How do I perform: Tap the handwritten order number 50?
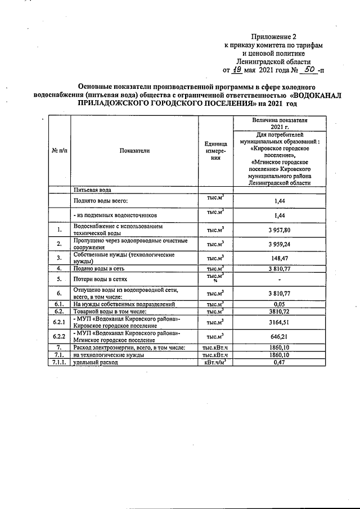coord(307,70)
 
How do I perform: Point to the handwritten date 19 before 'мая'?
coord(237,70)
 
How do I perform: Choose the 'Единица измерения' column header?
coord(215,151)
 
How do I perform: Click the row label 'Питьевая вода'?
coord(93,190)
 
